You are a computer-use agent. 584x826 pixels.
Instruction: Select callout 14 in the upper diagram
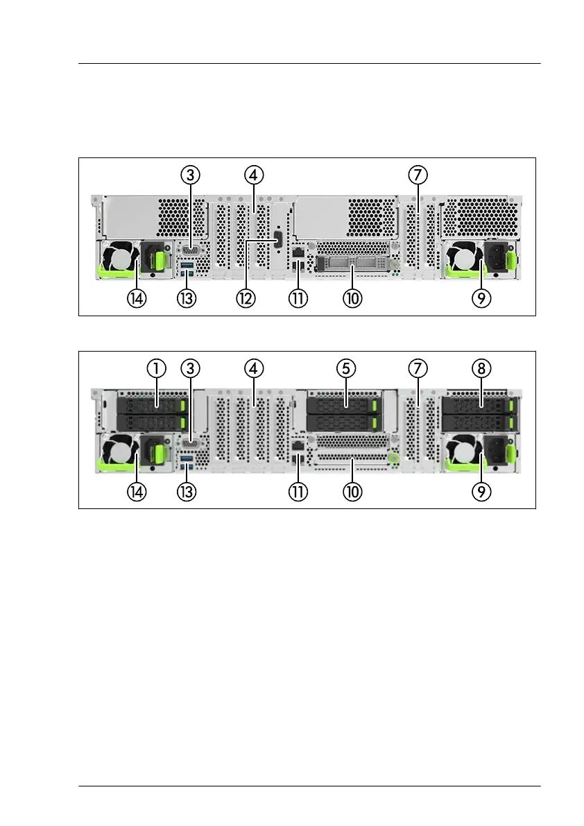point(137,299)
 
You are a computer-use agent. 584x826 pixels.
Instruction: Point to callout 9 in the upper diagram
point(481,299)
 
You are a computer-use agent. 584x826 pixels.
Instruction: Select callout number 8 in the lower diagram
point(481,368)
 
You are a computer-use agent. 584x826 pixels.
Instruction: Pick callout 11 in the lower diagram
point(298,492)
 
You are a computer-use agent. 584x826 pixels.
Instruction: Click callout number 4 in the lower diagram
point(253,368)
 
